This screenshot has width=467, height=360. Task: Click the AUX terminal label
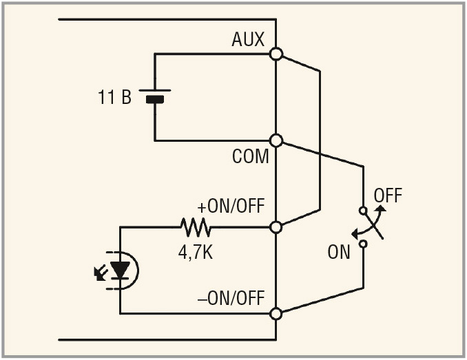[x=248, y=40]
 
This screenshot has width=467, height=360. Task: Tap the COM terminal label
[x=250, y=157]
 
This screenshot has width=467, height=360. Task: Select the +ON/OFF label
[x=231, y=207]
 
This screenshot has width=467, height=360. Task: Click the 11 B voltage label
[x=114, y=97]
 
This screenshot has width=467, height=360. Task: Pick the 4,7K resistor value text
[x=196, y=251]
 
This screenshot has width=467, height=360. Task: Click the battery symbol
[x=155, y=96]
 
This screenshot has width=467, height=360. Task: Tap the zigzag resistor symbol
[x=196, y=226]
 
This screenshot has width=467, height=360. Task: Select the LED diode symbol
[x=121, y=271]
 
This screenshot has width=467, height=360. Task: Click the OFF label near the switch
[x=387, y=195]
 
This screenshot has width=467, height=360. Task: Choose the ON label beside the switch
[x=339, y=252]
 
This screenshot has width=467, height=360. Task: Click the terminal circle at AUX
[x=276, y=54]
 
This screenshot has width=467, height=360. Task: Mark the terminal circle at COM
[x=276, y=141]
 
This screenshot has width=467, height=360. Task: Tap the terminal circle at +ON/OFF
[x=276, y=226]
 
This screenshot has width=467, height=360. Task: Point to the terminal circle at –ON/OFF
[x=276, y=313]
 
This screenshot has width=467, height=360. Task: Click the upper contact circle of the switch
[x=363, y=211]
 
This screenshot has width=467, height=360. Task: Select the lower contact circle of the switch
[x=363, y=244]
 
